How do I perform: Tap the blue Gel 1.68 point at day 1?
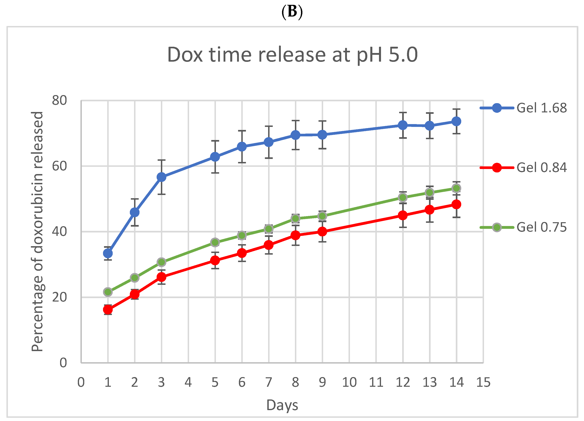click(x=108, y=253)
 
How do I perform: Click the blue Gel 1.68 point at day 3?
click(x=161, y=177)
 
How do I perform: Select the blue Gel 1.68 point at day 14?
click(x=456, y=121)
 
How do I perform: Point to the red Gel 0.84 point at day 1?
click(x=108, y=310)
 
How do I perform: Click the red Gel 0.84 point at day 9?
click(x=322, y=232)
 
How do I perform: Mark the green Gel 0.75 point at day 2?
click(x=135, y=278)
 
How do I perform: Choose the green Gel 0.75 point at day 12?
click(x=403, y=197)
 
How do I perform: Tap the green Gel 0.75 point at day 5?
click(x=215, y=242)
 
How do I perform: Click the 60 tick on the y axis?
click(x=59, y=166)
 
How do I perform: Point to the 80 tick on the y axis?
click(x=59, y=100)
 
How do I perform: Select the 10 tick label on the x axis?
click(x=349, y=382)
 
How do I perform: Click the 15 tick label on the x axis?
click(x=483, y=382)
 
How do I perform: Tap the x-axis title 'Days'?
click(x=282, y=405)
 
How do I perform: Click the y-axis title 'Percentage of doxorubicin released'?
click(x=37, y=232)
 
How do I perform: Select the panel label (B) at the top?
click(x=292, y=11)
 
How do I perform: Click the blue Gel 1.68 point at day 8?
click(x=295, y=135)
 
